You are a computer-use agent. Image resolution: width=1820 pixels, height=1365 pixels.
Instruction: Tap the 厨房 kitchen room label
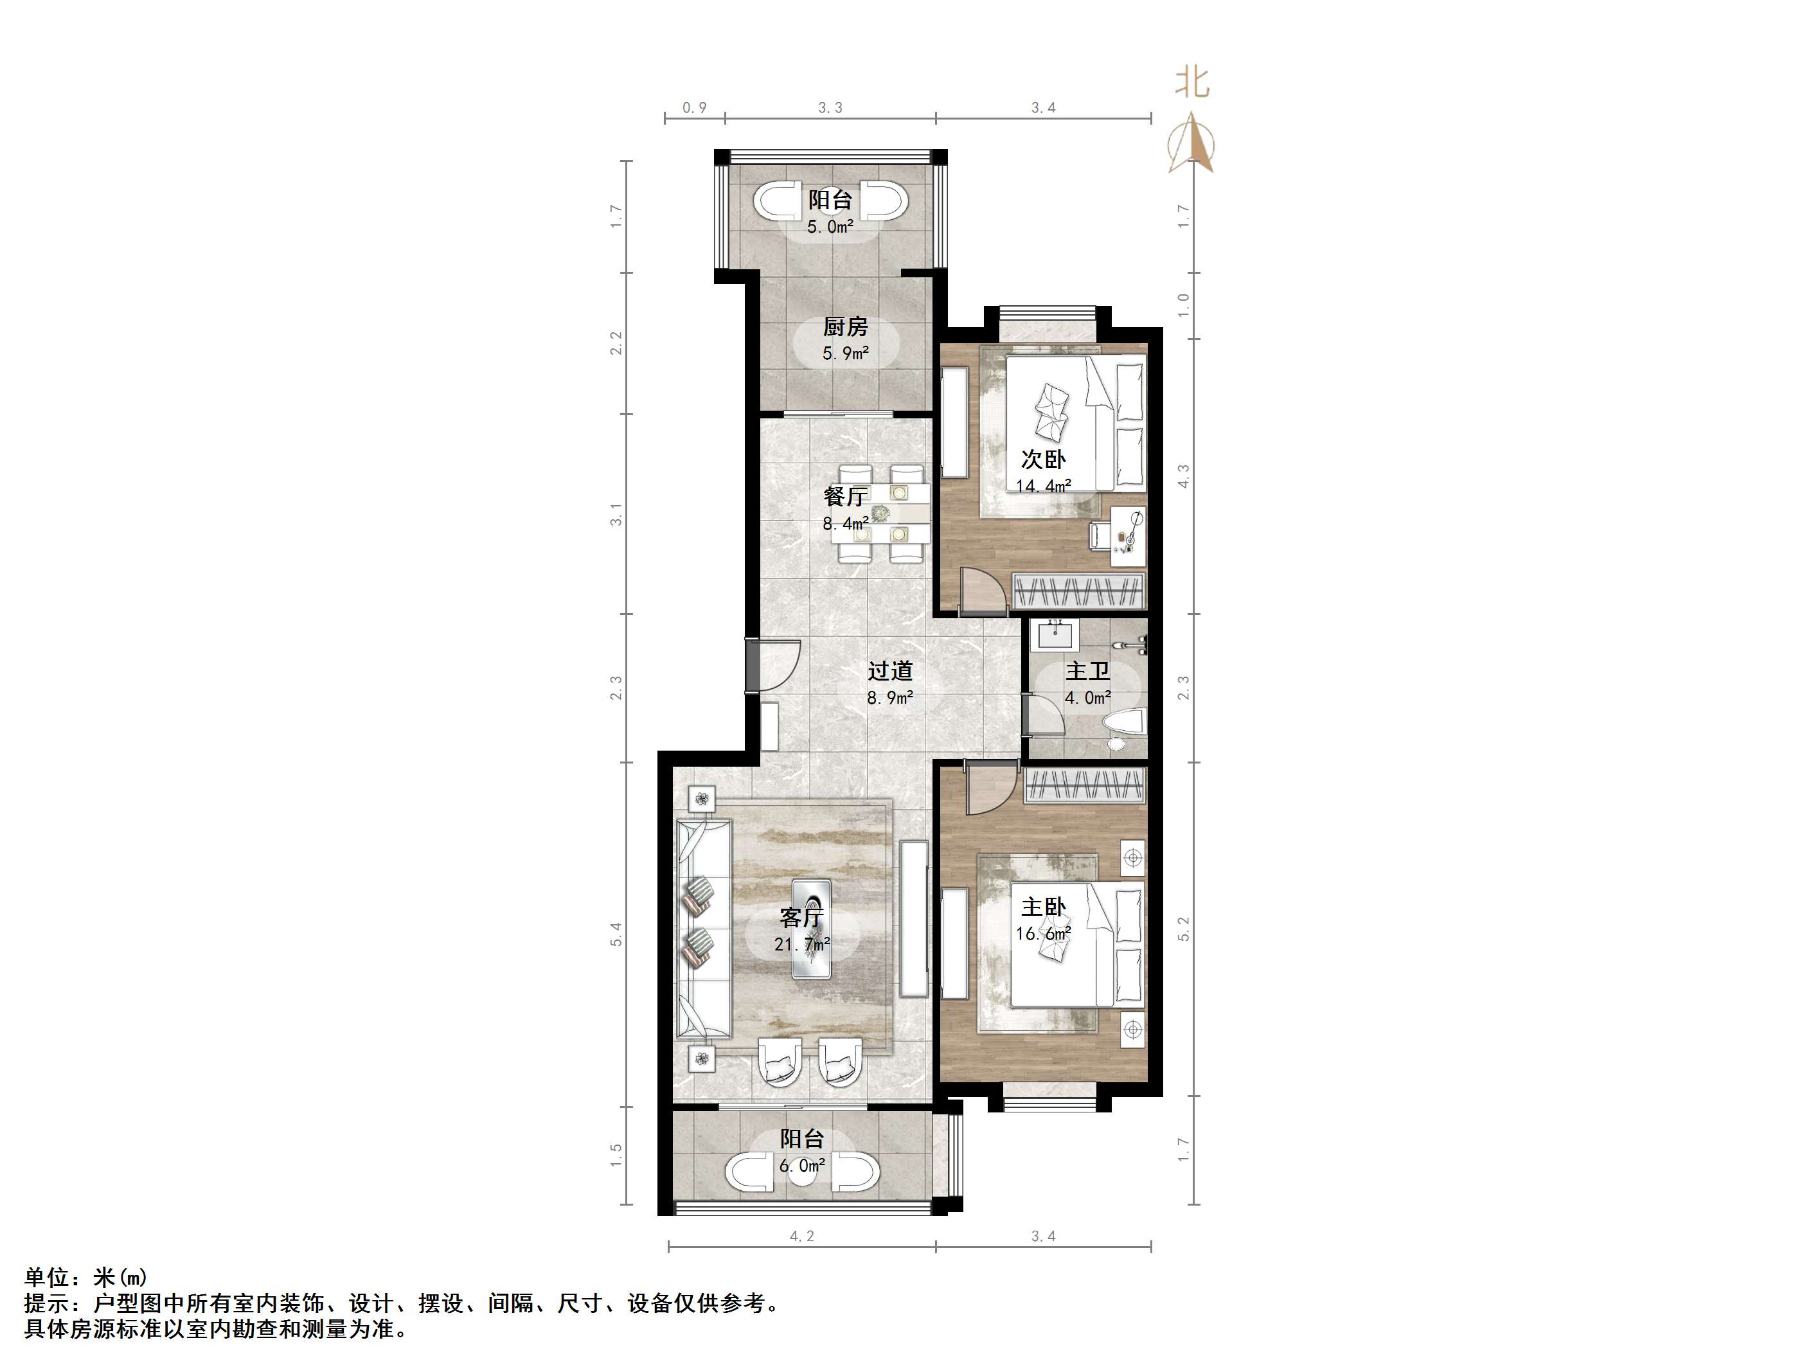coord(845,326)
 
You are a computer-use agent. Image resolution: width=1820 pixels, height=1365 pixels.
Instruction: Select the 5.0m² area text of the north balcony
coord(830,226)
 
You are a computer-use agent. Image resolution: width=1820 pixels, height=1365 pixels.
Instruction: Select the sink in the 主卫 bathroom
coord(1054,634)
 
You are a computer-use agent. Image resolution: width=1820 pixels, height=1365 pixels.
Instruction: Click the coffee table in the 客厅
coord(814,928)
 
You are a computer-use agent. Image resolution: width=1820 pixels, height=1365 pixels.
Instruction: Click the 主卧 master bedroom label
coord(1042,907)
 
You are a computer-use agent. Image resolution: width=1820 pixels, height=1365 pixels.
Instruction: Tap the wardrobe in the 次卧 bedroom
coord(1078,592)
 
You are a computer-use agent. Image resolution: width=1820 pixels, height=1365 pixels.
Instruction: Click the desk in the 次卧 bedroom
coord(1128,535)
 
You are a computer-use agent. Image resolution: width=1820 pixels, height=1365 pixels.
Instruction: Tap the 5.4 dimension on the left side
coord(616,934)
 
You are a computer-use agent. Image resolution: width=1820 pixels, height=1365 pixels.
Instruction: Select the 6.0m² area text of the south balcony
coord(801,1165)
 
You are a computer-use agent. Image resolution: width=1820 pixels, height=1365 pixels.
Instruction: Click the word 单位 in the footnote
coord(46,1278)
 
